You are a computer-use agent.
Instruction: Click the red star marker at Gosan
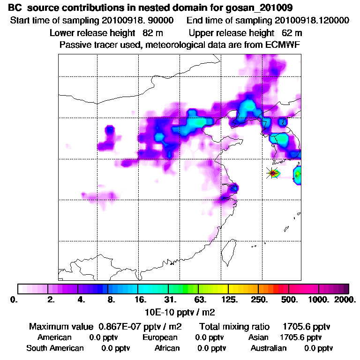[x=272, y=173]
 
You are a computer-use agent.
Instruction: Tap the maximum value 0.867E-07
[x=119, y=326]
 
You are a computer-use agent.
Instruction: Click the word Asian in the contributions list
[x=258, y=337]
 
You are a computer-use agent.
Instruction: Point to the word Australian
[x=269, y=348]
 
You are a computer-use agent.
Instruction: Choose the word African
[x=167, y=348]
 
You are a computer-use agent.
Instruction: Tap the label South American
[x=55, y=348]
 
